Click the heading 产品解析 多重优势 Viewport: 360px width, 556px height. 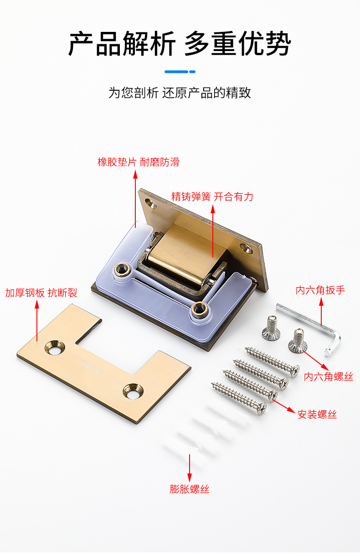click(180, 44)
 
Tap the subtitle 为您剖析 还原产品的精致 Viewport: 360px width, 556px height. click(180, 93)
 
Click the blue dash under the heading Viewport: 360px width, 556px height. click(180, 72)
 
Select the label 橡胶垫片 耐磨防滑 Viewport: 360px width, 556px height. click(139, 162)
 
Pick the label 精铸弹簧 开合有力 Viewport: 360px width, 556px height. click(212, 196)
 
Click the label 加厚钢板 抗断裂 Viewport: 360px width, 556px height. click(41, 293)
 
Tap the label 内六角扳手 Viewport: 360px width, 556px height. click(321, 290)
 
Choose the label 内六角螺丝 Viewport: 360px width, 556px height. click(329, 377)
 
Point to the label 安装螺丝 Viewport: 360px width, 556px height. click(317, 414)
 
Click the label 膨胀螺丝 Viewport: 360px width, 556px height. click(190, 489)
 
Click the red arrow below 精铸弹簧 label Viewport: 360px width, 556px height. click(212, 232)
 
